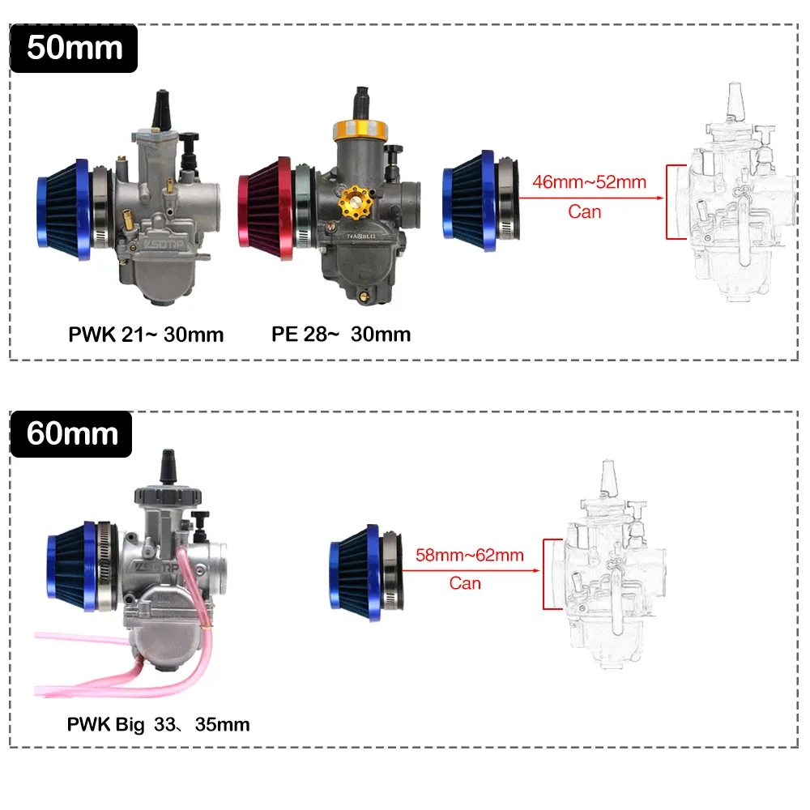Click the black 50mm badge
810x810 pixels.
tap(74, 48)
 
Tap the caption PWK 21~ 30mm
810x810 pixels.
tap(145, 334)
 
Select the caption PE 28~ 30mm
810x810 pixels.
tap(341, 334)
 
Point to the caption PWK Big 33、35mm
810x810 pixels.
tap(158, 723)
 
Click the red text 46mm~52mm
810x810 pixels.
tap(589, 181)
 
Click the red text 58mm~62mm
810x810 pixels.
tap(469, 555)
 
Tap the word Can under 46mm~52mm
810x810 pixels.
tap(584, 211)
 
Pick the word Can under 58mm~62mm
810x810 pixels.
tap(465, 583)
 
